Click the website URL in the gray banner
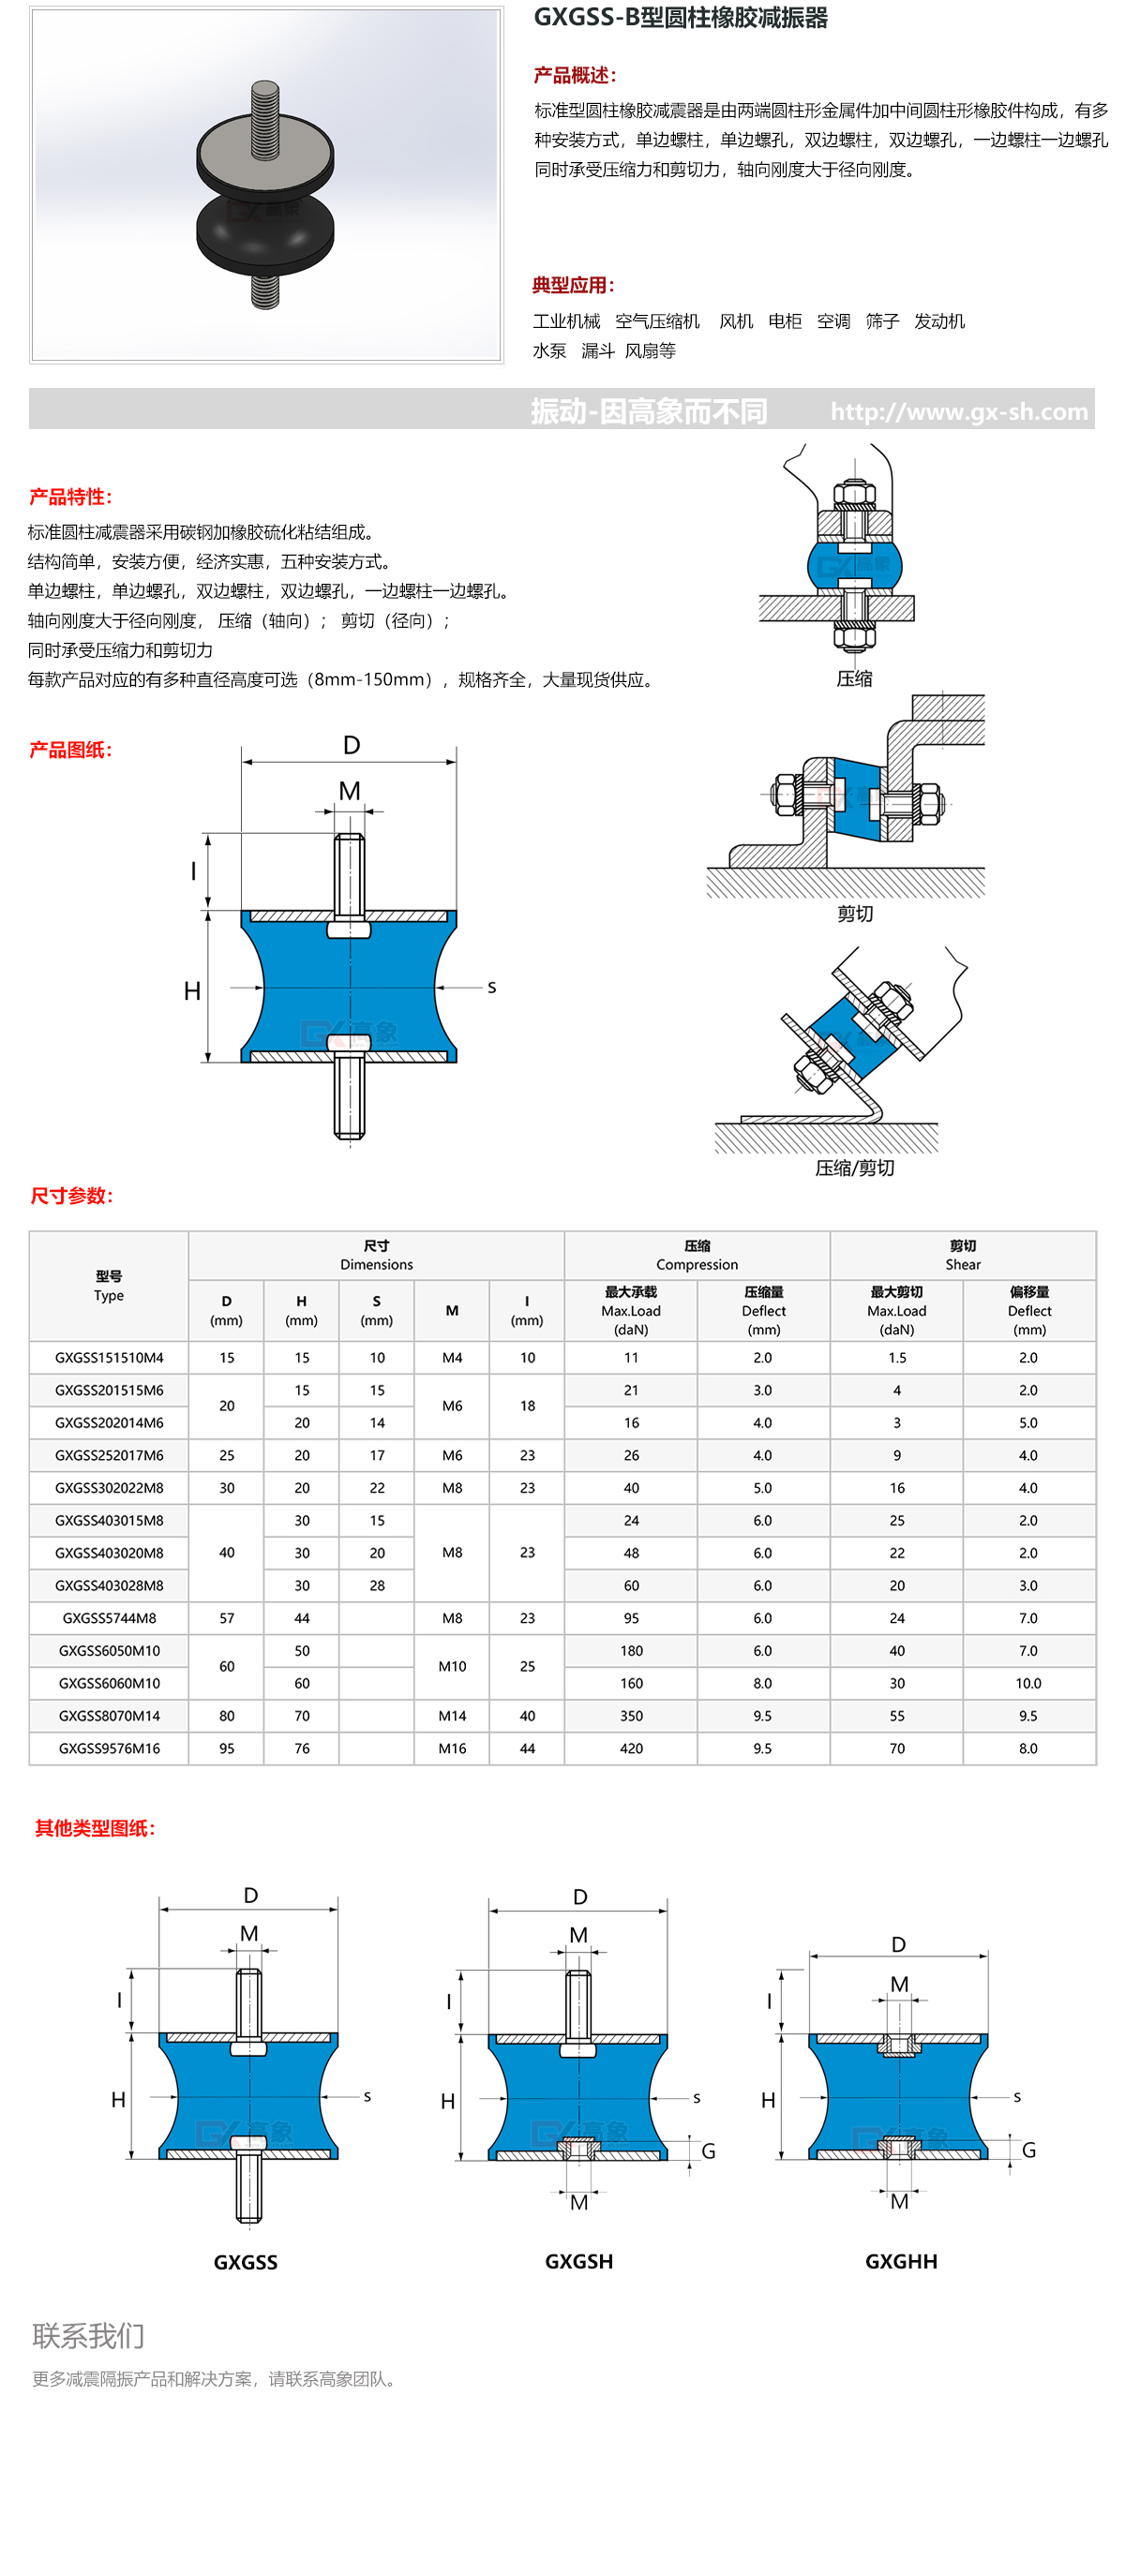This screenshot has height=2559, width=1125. (x=958, y=411)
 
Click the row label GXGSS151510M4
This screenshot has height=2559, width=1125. (x=110, y=1357)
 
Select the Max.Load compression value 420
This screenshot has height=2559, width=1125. (x=631, y=1748)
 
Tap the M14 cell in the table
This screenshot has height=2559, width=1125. (x=452, y=1716)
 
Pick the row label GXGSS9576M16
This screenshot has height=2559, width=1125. (x=110, y=1748)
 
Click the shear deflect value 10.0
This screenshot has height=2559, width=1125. (x=1027, y=1683)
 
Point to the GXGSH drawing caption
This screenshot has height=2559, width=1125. (x=578, y=2261)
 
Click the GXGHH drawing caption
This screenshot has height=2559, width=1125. (x=900, y=2261)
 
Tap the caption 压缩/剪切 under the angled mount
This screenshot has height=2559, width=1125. (x=854, y=1168)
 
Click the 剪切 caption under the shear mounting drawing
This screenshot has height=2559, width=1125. (x=854, y=913)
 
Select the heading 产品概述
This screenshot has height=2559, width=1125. (x=575, y=76)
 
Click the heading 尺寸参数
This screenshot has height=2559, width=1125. (x=71, y=1195)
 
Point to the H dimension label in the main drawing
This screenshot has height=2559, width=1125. (x=192, y=990)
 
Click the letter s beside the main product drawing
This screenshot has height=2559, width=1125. (x=491, y=988)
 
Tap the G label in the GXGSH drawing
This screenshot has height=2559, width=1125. (x=709, y=2150)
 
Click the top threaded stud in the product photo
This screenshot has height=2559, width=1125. (x=264, y=119)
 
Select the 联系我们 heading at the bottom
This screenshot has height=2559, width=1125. (x=88, y=2335)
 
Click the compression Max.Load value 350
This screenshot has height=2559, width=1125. (x=631, y=1716)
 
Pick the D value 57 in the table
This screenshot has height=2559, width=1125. (x=227, y=1617)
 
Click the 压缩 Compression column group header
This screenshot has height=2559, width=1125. (x=697, y=1255)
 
